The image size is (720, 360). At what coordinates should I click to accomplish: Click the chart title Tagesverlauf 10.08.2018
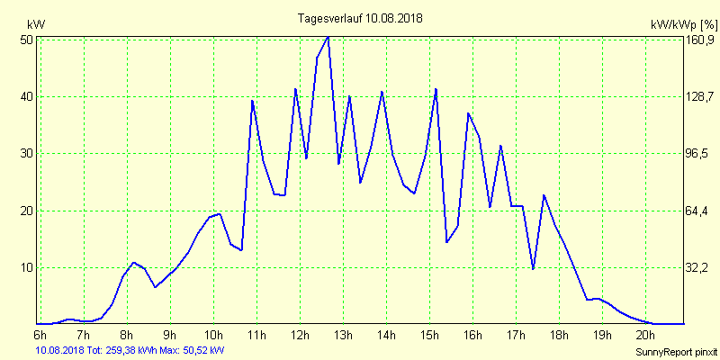tap(360, 18)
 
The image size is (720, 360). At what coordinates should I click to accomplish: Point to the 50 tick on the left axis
tap(26, 40)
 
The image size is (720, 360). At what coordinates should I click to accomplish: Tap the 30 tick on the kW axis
tap(26, 154)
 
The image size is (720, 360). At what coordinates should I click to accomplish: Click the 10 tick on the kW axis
tap(26, 268)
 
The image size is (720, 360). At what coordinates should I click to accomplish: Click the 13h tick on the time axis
tap(342, 336)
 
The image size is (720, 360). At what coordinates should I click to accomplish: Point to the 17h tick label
tap(515, 336)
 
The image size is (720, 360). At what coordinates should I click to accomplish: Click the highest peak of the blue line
tap(328, 37)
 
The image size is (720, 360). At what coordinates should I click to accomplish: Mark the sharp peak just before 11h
tap(252, 101)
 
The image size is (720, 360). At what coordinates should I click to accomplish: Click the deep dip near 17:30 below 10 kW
tap(533, 268)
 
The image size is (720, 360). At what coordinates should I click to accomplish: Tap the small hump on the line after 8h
tap(133, 263)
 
